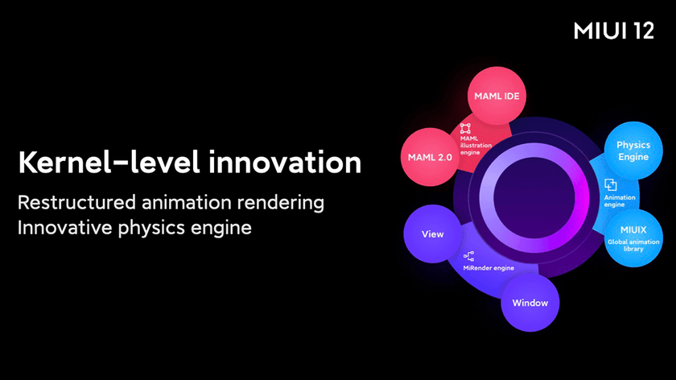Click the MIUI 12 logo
(x=613, y=31)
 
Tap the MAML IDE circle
(x=497, y=96)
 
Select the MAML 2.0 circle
(x=430, y=157)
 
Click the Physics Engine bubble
(x=633, y=151)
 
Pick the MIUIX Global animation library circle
(x=633, y=238)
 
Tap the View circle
(x=432, y=233)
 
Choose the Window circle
(x=530, y=303)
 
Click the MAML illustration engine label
(x=476, y=146)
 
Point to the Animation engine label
(x=620, y=200)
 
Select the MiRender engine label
(x=488, y=268)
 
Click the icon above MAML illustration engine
(x=465, y=128)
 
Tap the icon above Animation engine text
(x=611, y=185)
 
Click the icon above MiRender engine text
(x=468, y=256)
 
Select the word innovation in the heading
(x=285, y=163)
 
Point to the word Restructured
(x=76, y=202)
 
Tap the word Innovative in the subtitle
(x=64, y=227)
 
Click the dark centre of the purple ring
(x=534, y=197)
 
